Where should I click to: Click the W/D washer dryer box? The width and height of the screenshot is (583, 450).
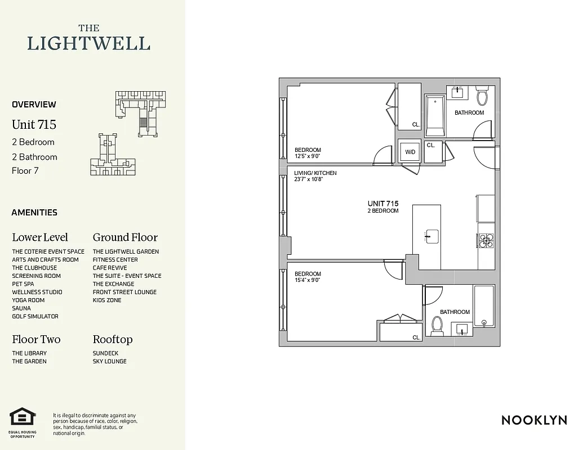410,152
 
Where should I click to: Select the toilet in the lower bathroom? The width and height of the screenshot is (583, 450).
437,326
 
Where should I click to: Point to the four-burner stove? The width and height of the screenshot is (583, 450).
486,241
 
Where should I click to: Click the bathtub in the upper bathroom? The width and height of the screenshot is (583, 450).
435,116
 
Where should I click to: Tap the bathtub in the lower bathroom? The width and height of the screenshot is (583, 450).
484,307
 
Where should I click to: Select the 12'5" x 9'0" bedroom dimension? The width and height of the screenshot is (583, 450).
308,156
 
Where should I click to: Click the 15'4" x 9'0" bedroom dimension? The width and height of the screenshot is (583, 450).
307,280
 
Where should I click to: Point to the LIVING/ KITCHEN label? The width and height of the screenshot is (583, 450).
315,173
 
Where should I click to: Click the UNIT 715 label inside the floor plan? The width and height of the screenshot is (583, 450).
383,204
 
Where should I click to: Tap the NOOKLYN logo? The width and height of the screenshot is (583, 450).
533,420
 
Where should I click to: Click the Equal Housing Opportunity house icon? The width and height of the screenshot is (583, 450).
23,417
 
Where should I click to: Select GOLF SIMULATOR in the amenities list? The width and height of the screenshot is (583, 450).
35,317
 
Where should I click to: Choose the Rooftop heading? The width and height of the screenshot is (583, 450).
113,339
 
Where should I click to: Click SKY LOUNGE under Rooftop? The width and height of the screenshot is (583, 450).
109,361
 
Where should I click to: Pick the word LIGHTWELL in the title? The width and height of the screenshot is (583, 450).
89,44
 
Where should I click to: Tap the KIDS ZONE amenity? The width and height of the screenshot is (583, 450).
107,300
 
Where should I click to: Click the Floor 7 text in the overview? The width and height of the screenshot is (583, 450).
25,170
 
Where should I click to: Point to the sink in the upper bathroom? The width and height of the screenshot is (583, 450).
457,93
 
